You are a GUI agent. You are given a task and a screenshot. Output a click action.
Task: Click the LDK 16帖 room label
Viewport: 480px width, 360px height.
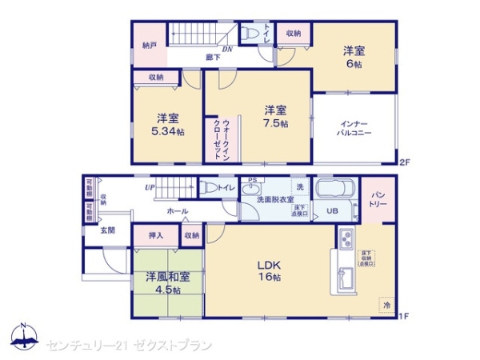pos(267,270)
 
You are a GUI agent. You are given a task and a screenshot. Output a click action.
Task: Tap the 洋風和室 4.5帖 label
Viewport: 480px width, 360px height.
pos(167,283)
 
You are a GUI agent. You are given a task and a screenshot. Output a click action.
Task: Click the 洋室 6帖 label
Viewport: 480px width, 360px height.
pos(354,58)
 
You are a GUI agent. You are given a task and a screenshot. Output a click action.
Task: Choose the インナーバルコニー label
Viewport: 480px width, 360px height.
pos(354,128)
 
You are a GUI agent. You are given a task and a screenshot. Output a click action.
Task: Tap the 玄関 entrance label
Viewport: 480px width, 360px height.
pos(108,230)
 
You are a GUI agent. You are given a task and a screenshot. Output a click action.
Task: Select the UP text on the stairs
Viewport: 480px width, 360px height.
pos(150,188)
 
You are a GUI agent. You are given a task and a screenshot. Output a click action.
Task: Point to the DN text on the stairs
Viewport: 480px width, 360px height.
pos(226,48)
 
